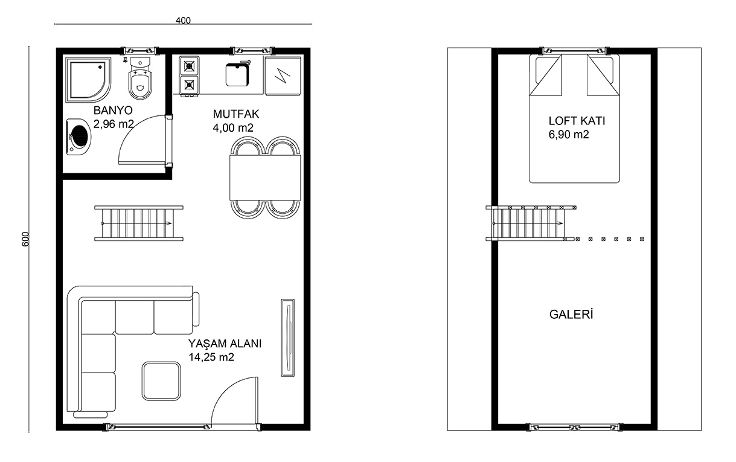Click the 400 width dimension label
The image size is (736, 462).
[x=183, y=21]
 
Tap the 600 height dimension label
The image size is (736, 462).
[x=25, y=239]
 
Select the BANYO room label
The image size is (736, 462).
[x=113, y=111]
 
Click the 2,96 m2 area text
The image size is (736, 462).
[x=114, y=124]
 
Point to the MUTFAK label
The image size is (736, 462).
[x=236, y=114]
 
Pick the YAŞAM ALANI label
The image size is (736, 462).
[x=225, y=344]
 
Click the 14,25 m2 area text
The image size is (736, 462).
[x=211, y=357]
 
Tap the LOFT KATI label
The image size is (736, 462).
[x=577, y=121]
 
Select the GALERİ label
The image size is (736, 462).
[x=571, y=315]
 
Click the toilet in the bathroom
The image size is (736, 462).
[x=140, y=79]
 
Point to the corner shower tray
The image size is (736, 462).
[x=88, y=80]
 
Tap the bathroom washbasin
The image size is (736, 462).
[x=79, y=136]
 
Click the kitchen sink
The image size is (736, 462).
[x=237, y=74]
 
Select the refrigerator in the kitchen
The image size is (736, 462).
[x=283, y=76]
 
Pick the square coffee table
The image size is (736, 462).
[x=161, y=381]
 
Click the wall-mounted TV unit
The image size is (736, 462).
[x=287, y=338]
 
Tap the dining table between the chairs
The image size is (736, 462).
[x=265, y=178]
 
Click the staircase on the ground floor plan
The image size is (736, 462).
[x=139, y=223]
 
